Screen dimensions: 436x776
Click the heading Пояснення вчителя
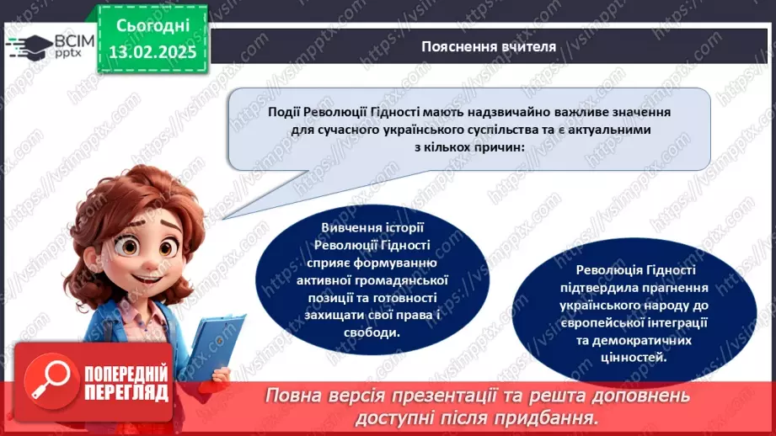point(489,46)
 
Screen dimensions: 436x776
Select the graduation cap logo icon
point(30,45)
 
